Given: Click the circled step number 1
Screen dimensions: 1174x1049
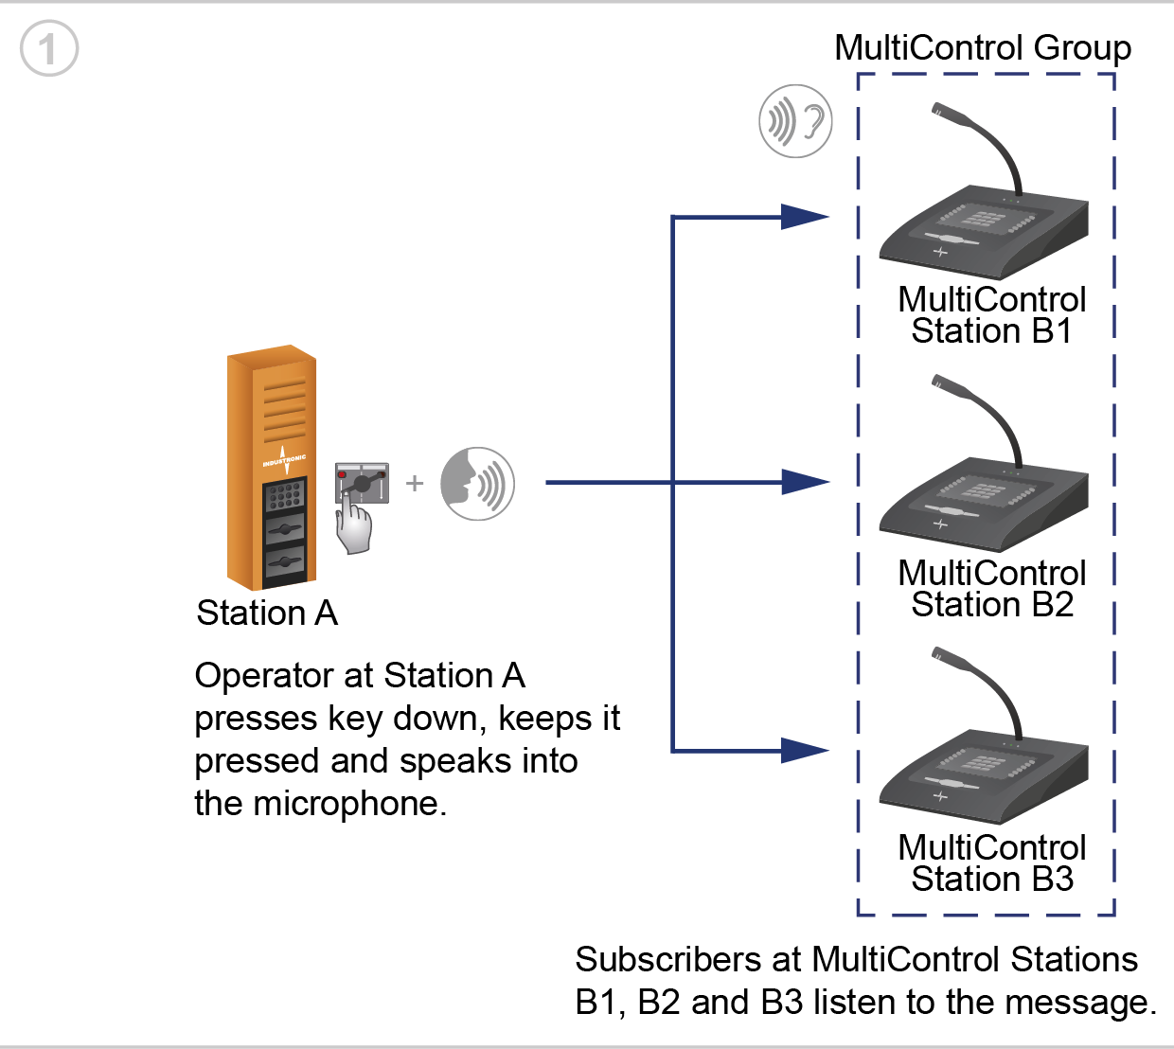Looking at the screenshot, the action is pyautogui.click(x=48, y=48).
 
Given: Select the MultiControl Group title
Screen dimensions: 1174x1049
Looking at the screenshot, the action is pyautogui.click(x=982, y=47).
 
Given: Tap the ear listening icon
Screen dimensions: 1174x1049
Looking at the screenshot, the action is pyautogui.click(x=795, y=121).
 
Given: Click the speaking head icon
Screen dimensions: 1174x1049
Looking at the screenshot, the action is pyautogui.click(x=477, y=484).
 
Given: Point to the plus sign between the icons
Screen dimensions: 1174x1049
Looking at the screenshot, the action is pyautogui.click(x=415, y=483).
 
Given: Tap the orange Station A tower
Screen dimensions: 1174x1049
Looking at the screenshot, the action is pyautogui.click(x=271, y=467).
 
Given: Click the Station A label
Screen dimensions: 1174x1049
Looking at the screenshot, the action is pyautogui.click(x=267, y=613).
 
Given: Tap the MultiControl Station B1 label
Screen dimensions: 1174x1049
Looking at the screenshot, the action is pyautogui.click(x=991, y=315).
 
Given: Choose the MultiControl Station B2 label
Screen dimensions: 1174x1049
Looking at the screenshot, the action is pyautogui.click(x=991, y=589).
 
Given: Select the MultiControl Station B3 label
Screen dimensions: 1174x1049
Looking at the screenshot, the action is pyautogui.click(x=991, y=862).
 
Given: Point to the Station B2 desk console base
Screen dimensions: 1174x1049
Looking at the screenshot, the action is pyautogui.click(x=984, y=505).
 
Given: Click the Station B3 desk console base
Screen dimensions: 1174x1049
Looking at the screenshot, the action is pyautogui.click(x=984, y=776).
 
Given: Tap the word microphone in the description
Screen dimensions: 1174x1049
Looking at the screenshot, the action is pyautogui.click(x=349, y=805).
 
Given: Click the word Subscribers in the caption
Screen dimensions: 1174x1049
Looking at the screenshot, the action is pyautogui.click(x=667, y=959).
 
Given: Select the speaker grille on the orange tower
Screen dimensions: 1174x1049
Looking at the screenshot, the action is pyautogui.click(x=285, y=410).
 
